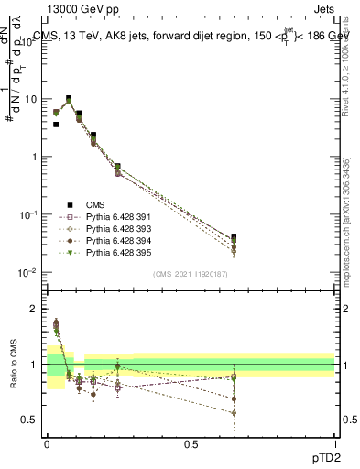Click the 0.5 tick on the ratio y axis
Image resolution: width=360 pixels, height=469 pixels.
(33, 420)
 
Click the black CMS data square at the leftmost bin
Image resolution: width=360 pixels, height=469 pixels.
(56, 125)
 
